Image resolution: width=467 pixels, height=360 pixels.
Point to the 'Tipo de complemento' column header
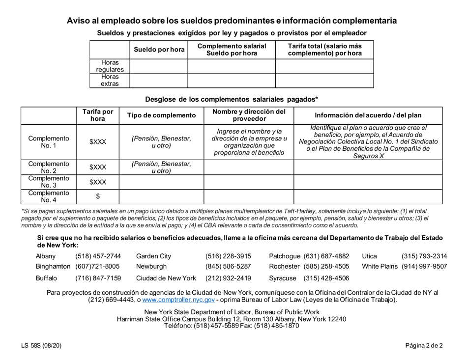161,115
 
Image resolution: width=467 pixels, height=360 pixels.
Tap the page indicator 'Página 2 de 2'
424,346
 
